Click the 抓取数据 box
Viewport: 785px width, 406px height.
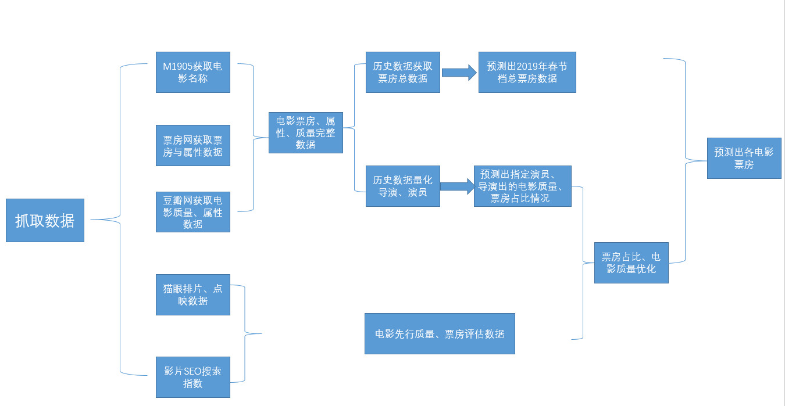coord(45,220)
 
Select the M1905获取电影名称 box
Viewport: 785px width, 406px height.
coord(192,72)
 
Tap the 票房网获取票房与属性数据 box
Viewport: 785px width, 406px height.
coord(192,145)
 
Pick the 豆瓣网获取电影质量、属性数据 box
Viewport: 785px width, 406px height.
coord(192,212)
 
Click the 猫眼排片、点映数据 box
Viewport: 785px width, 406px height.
coord(192,294)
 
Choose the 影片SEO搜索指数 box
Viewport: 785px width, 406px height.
coord(192,377)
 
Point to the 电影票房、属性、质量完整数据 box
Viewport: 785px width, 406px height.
coord(305,132)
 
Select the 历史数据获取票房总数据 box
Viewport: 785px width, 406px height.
coord(402,72)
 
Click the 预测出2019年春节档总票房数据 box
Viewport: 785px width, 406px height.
coord(527,72)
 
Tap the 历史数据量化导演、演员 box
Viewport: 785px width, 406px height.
coord(402,186)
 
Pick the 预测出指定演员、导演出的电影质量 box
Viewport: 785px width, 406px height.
coord(522,186)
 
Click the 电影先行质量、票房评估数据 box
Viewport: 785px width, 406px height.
coord(440,333)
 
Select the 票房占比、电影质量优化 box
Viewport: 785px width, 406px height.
coord(631,263)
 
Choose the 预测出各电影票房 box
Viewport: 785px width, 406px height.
coord(744,158)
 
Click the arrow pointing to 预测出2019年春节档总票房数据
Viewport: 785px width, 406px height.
coord(459,73)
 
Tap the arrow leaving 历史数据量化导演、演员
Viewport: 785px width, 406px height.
coord(457,186)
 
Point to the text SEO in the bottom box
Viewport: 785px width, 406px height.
coord(193,371)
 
